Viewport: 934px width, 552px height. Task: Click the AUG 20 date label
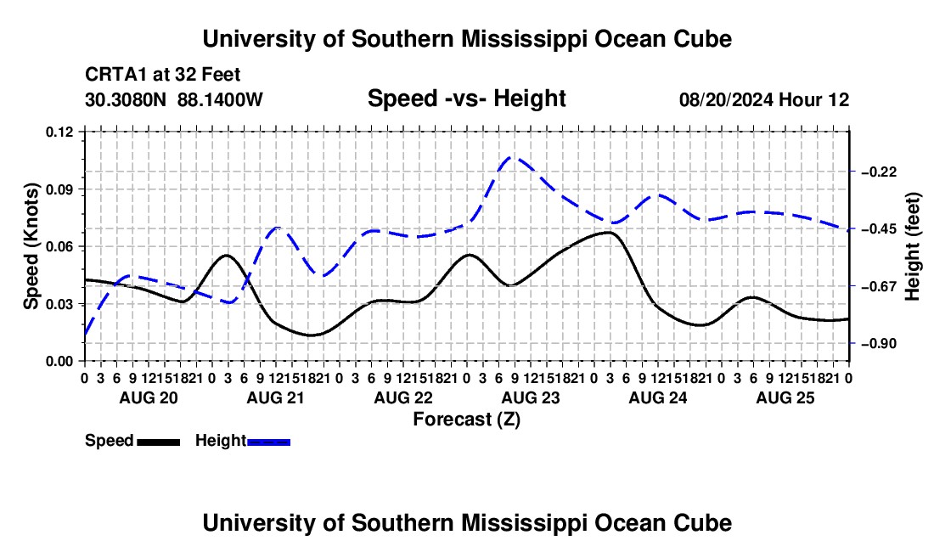(x=149, y=397)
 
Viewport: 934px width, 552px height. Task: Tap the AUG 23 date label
(x=531, y=397)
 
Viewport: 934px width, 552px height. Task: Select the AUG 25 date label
(x=785, y=397)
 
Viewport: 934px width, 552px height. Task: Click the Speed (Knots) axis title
(x=31, y=246)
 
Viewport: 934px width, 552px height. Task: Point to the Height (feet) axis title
(x=913, y=246)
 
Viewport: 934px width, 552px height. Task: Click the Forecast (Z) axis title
(x=467, y=420)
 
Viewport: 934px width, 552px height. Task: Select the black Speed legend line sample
(x=159, y=442)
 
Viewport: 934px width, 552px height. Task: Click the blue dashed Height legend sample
(x=268, y=442)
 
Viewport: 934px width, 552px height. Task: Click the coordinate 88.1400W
(x=220, y=99)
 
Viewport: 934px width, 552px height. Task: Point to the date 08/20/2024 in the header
(x=726, y=99)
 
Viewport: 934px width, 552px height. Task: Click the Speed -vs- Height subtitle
(x=467, y=99)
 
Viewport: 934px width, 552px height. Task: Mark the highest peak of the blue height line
(x=513, y=157)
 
